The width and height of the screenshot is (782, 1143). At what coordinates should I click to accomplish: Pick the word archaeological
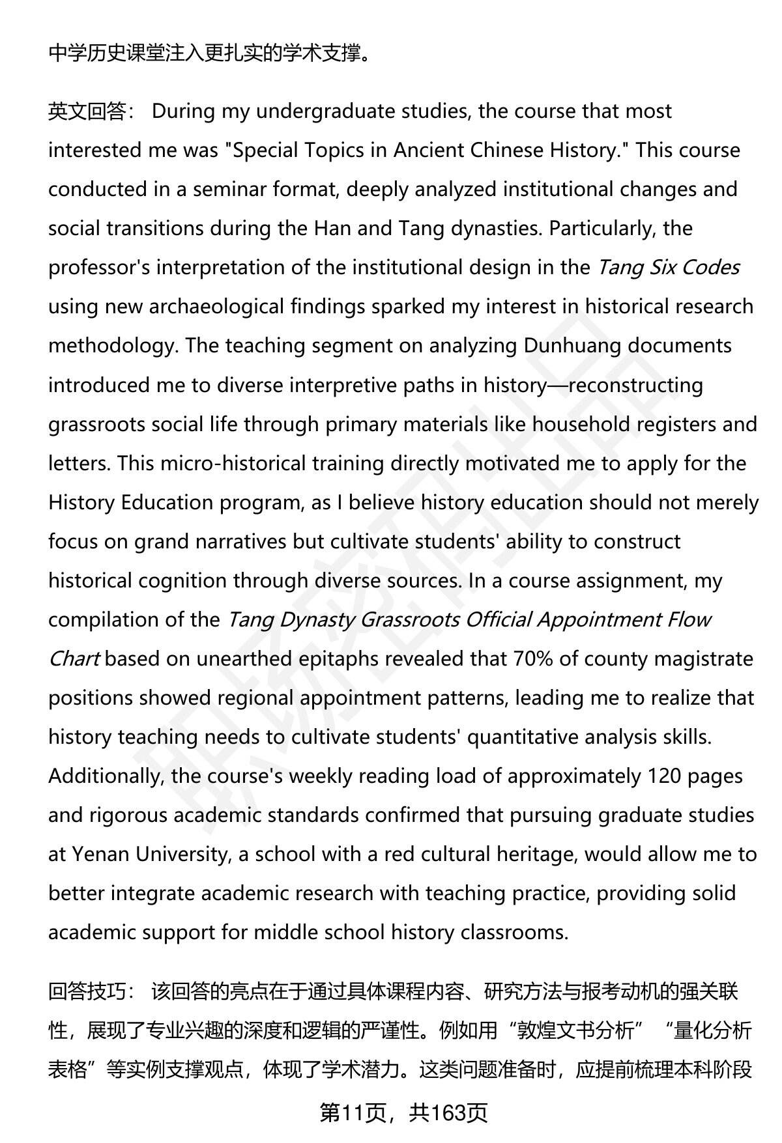216,307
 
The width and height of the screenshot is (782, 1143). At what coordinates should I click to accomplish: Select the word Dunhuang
572,346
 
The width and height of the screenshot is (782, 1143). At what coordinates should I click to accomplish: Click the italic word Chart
74,658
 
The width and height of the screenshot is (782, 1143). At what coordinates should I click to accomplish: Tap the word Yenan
100,854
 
